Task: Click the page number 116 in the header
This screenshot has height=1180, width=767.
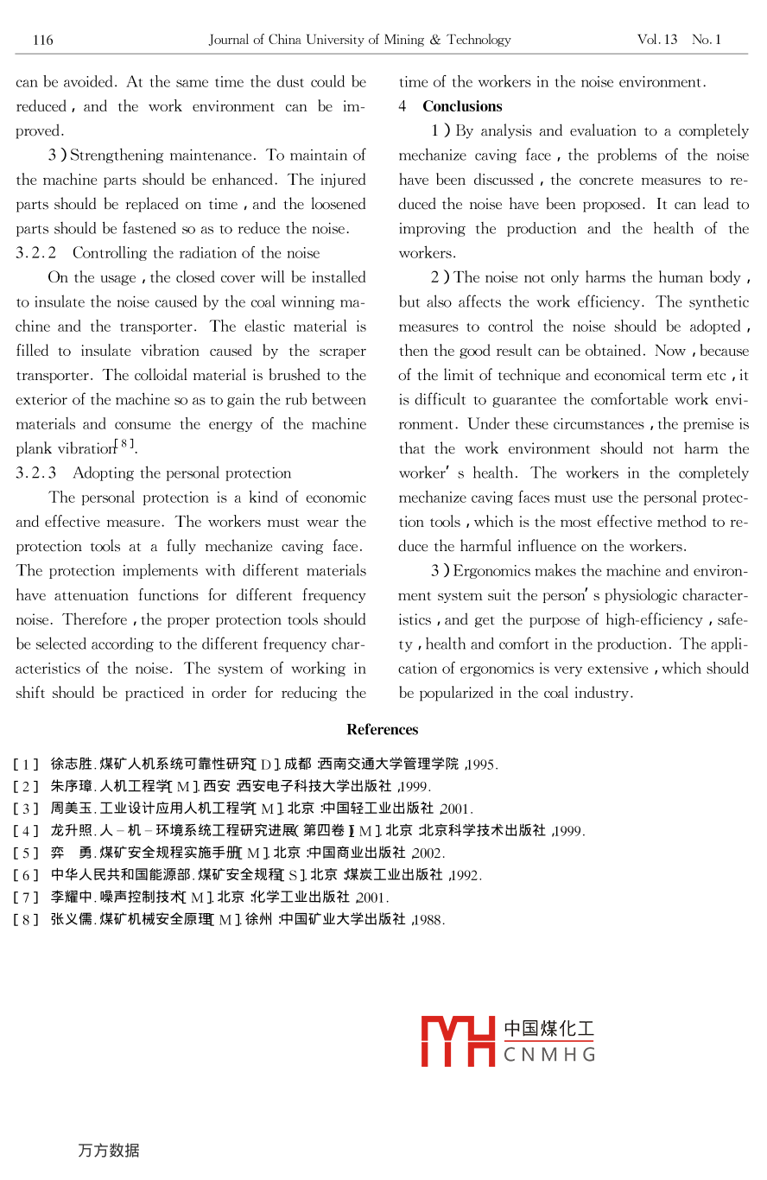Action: pyautogui.click(x=43, y=40)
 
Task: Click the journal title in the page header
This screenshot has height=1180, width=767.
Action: pyautogui.click(x=359, y=40)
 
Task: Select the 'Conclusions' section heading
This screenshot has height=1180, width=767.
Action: pyautogui.click(x=462, y=106)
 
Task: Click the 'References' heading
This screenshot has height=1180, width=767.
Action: pyautogui.click(x=383, y=729)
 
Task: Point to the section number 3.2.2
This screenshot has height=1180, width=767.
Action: pyautogui.click(x=36, y=253)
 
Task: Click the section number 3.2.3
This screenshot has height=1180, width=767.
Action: pyautogui.click(x=36, y=473)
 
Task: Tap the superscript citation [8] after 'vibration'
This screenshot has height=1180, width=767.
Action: pyautogui.click(x=128, y=444)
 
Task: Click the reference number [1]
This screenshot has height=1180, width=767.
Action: pyautogui.click(x=26, y=764)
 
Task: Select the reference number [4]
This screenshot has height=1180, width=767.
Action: pyautogui.click(x=26, y=831)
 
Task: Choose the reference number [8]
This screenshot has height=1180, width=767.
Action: pyautogui.click(x=26, y=920)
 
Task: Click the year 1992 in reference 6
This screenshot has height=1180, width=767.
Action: pyautogui.click(x=466, y=876)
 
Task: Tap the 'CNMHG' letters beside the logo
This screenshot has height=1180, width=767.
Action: pyautogui.click(x=549, y=1055)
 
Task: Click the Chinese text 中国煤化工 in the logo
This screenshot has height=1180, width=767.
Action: pyautogui.click(x=549, y=1029)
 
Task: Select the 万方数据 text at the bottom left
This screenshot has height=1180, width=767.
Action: pyautogui.click(x=109, y=1151)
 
